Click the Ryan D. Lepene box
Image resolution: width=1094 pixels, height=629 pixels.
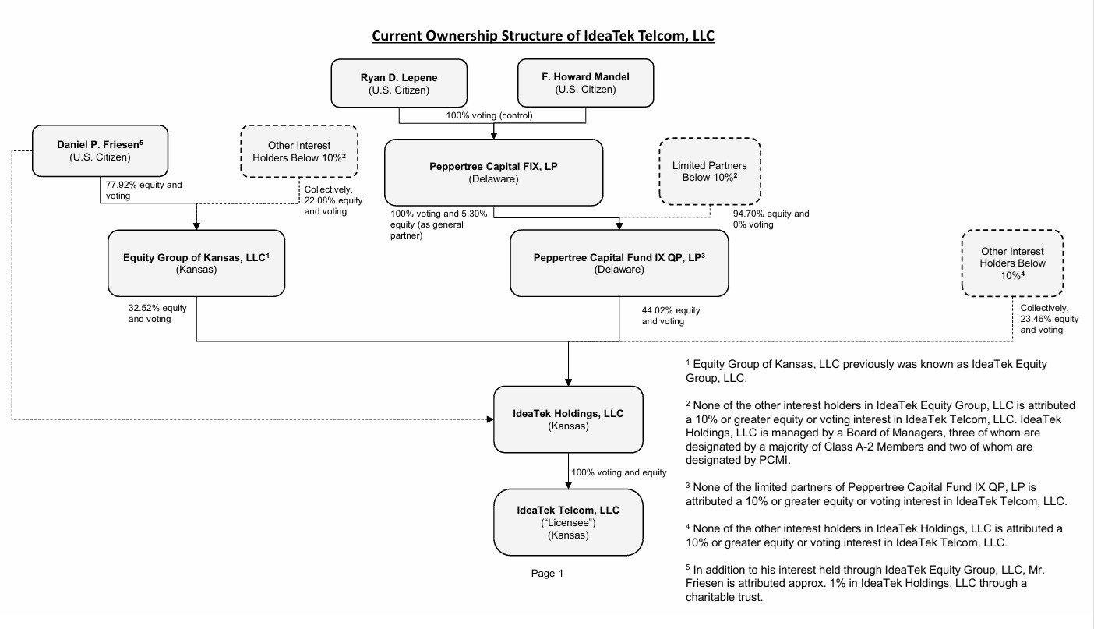pos(399,83)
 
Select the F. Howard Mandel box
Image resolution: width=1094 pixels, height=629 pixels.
pos(586,83)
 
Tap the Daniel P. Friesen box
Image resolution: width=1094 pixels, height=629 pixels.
pos(100,151)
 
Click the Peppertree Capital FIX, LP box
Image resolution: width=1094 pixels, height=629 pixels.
pos(494,172)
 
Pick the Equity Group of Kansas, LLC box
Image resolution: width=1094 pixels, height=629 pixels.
pos(196,263)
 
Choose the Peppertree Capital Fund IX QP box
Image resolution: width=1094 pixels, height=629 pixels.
pos(619,263)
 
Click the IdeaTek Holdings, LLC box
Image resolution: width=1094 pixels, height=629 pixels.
pos(568,419)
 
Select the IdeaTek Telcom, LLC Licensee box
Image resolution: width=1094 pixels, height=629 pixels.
pos(568,522)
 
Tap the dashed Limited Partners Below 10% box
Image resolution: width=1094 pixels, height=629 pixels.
pos(710,171)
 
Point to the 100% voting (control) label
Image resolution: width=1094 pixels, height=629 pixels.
pos(489,115)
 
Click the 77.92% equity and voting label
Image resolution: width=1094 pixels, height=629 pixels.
pos(143,190)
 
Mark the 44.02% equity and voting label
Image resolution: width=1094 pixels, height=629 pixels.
pos(671,316)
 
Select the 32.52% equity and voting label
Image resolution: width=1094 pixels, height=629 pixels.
pos(157,313)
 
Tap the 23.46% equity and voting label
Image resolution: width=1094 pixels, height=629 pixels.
pos(1049,319)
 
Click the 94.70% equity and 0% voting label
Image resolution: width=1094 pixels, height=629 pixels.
pos(771,219)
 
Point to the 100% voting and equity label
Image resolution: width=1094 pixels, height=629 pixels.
pos(619,472)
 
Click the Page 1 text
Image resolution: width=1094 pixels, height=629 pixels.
pos(547,574)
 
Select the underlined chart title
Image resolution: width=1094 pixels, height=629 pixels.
pos(543,36)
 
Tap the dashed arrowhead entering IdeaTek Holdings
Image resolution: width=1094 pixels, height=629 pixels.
pos(490,419)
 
